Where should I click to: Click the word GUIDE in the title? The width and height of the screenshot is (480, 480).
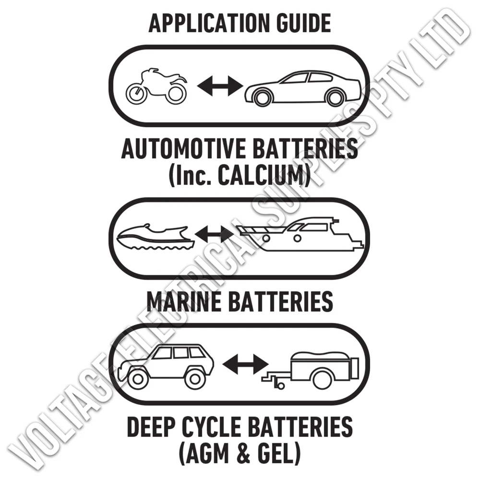coord(304,23)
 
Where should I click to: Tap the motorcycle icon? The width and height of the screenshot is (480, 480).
coord(156,86)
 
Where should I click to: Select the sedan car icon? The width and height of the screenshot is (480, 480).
coord(302,88)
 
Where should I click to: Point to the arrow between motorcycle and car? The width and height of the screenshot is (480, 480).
coord(220,86)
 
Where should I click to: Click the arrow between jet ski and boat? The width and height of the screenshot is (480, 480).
coord(214,235)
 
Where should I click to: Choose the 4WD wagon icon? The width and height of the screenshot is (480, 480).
coord(166,366)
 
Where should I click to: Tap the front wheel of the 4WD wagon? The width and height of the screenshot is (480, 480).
coord(138,379)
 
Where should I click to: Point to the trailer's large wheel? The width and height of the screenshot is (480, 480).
coord(323,380)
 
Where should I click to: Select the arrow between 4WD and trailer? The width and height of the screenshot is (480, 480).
coord(245,364)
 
